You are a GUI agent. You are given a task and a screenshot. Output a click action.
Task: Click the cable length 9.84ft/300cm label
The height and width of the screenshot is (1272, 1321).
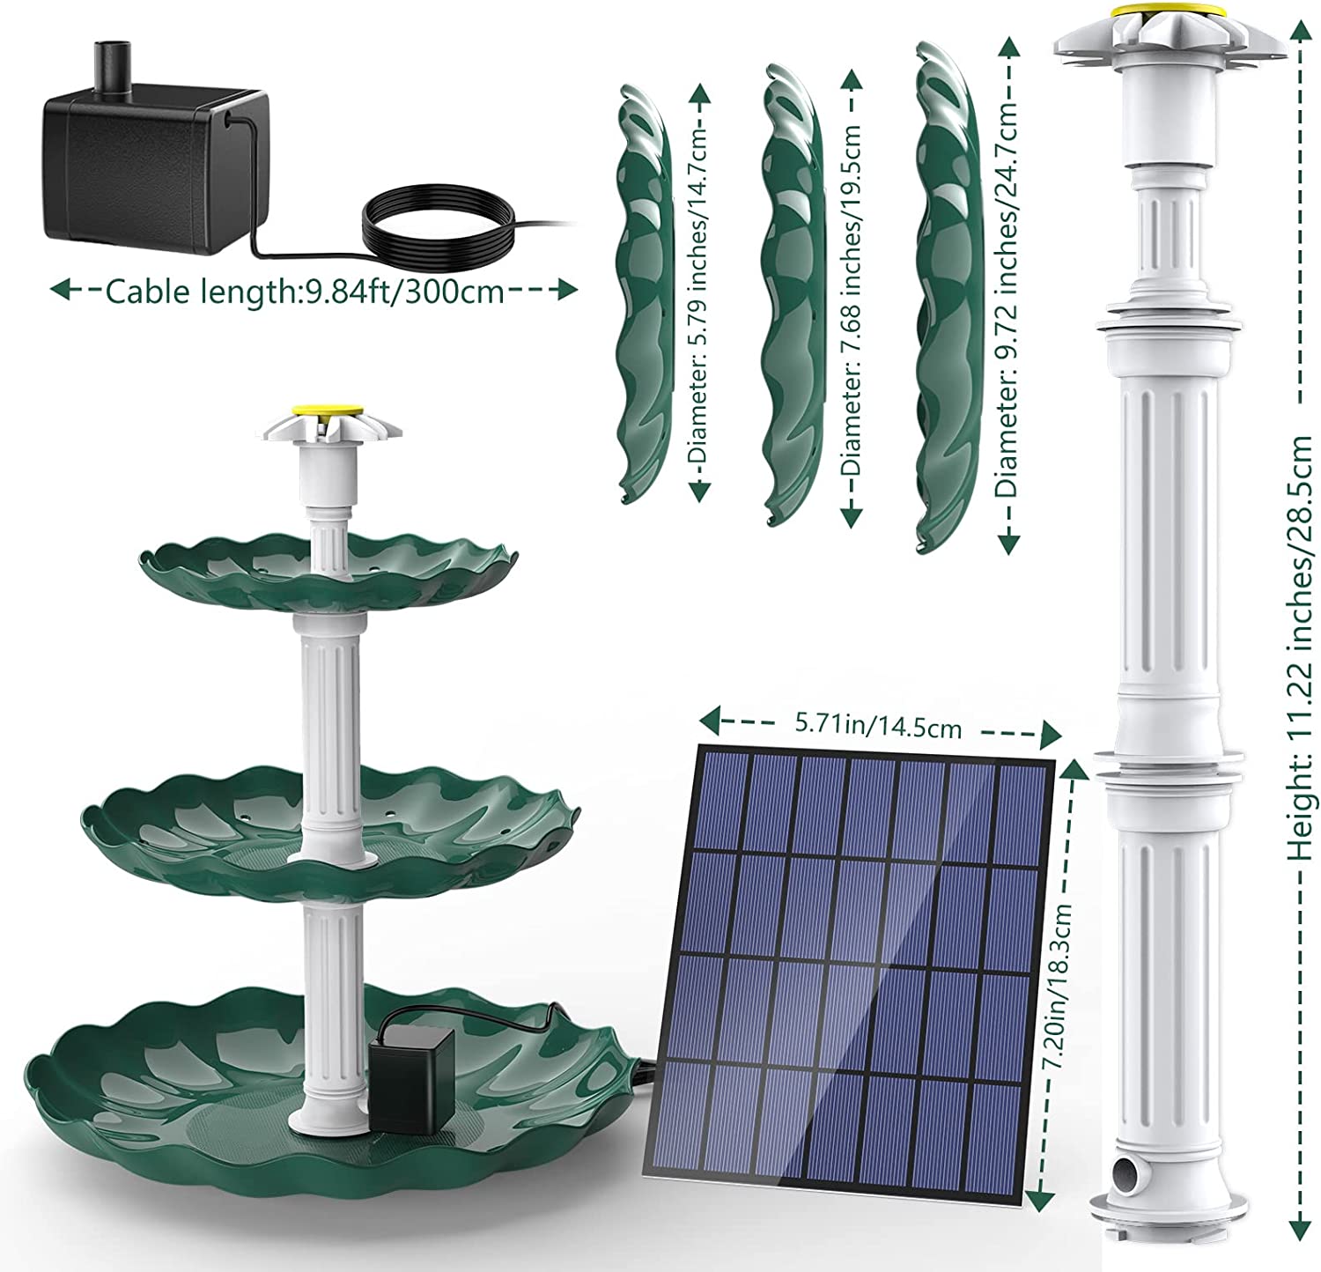click(x=304, y=292)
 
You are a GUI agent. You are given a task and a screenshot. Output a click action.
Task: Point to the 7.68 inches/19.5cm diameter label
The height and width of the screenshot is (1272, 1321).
click(x=851, y=300)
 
